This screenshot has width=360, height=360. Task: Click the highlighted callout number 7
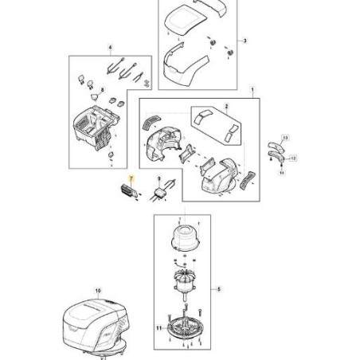(x=131, y=179)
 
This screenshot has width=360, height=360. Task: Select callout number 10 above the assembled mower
(x=98, y=291)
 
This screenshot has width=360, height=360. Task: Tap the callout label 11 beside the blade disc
(x=158, y=328)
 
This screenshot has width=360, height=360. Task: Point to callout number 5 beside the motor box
(x=219, y=289)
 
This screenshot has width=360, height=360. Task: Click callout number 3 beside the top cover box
(x=245, y=41)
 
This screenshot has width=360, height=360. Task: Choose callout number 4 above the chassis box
(x=110, y=48)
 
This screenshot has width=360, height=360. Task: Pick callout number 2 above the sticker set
(x=226, y=106)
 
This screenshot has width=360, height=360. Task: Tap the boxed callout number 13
(x=285, y=138)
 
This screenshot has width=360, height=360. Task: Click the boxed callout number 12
(x=293, y=158)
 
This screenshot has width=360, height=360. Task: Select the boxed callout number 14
(x=282, y=173)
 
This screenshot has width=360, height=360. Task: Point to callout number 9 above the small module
(x=159, y=179)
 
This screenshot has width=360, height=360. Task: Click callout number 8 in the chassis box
(x=103, y=90)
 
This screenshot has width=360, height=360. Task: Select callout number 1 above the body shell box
(x=252, y=90)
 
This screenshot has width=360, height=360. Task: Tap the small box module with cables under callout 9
(x=160, y=192)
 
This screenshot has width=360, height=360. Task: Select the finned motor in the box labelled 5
(x=185, y=282)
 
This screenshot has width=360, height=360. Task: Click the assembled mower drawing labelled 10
(x=96, y=327)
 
